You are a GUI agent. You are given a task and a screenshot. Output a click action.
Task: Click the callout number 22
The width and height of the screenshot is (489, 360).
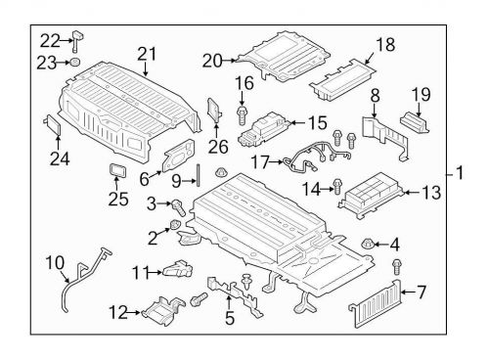pyautogui.click(x=49, y=39)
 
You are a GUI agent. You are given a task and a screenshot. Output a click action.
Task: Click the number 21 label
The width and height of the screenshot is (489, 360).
pyautogui.click(x=147, y=53)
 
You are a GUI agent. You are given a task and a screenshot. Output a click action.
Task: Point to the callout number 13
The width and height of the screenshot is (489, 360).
pyautogui.click(x=431, y=194)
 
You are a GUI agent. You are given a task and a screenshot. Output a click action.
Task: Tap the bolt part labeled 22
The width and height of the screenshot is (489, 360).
pyautogui.click(x=76, y=40)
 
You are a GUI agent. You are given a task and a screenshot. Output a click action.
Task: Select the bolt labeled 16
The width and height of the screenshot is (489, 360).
pyautogui.click(x=241, y=116)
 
